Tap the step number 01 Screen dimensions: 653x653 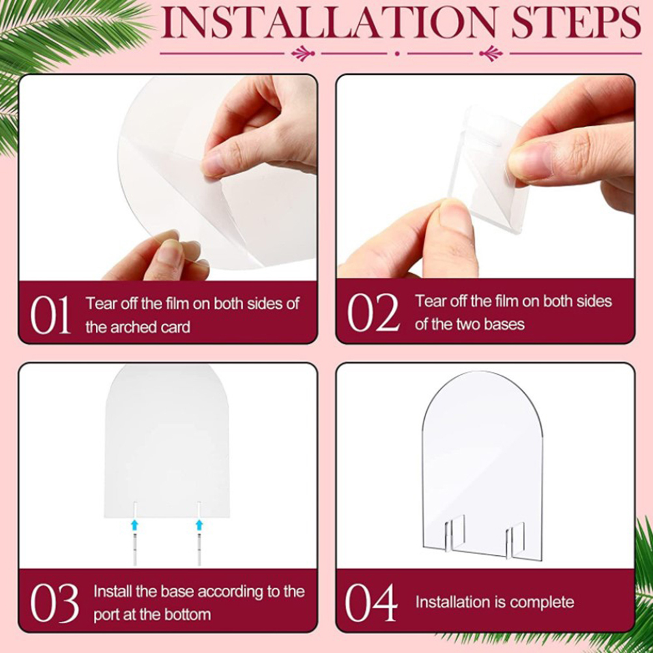tap(50, 315)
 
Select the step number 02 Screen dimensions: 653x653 tap(373, 312)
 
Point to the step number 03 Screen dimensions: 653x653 tap(54, 603)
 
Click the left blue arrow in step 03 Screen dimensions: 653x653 tap(134, 525)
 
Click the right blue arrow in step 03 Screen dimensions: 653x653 tap(199, 525)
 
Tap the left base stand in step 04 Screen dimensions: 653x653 tap(455, 535)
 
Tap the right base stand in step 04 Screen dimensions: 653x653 tap(515, 539)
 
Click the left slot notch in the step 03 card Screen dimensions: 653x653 tap(134, 510)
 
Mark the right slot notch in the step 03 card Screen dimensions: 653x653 tap(199, 510)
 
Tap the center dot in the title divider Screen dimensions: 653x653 tap(398, 53)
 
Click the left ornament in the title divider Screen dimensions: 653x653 tap(303, 53)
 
